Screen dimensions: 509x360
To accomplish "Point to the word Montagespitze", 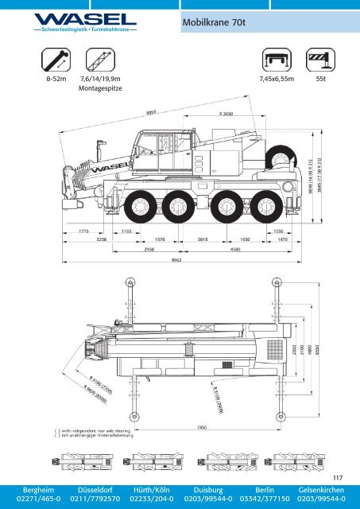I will pos(99,90).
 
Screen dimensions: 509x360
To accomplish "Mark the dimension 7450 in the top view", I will pos(202,427).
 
